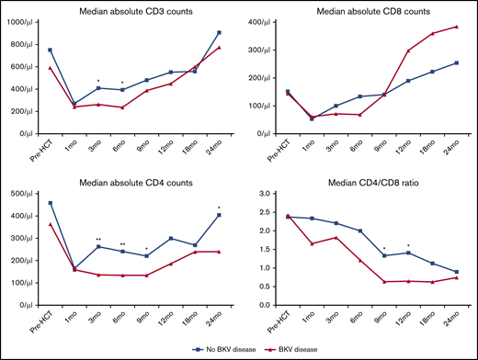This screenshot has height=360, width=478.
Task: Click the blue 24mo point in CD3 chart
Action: [x=218, y=32]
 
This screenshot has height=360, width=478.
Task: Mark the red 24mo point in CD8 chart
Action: [x=456, y=27]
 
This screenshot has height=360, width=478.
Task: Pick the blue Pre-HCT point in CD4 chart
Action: [x=50, y=203]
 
